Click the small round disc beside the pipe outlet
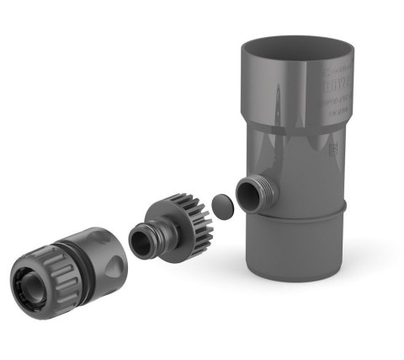point(221,205)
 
